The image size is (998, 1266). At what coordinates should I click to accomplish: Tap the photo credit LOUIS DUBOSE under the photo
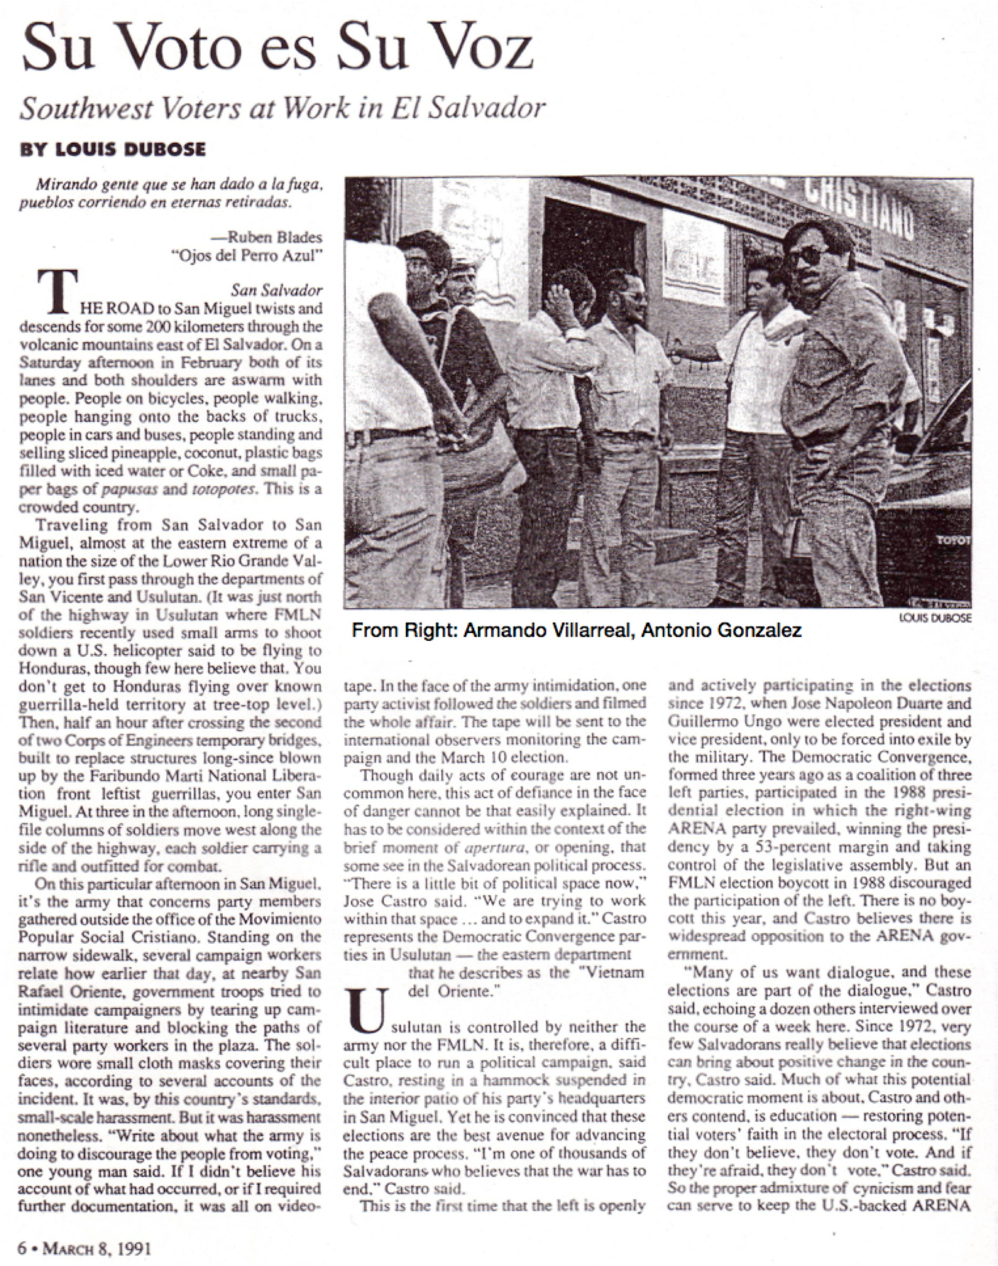pyautogui.click(x=935, y=619)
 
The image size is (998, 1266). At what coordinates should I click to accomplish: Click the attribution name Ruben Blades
pyautogui.click(x=275, y=238)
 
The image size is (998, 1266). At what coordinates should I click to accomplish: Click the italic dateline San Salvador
pyautogui.click(x=276, y=290)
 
